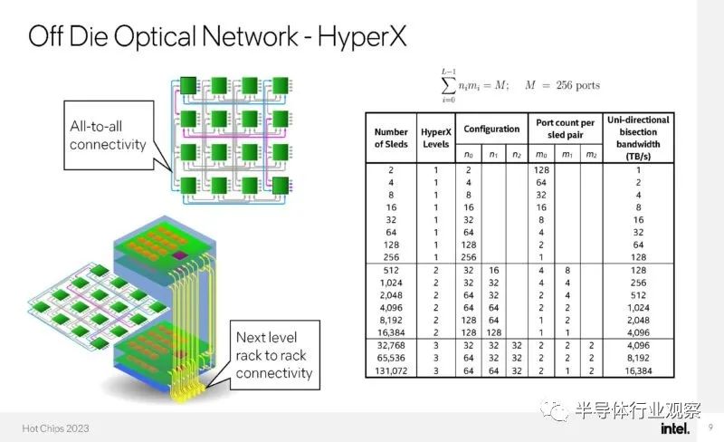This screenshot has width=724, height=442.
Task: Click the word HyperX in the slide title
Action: point(362,36)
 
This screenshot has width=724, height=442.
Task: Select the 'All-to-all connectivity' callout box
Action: point(109,135)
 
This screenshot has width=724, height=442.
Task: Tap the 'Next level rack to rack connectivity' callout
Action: point(275,355)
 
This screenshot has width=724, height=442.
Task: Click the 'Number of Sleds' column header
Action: point(391,138)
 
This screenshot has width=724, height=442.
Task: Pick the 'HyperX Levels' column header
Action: point(436,138)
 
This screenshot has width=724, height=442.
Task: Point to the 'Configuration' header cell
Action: point(491,129)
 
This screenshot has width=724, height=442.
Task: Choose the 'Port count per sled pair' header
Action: point(565,129)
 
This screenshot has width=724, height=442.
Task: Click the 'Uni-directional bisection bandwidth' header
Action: point(638,138)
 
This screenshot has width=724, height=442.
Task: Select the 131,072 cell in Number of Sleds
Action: point(391,370)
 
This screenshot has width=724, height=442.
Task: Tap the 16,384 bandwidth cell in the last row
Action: point(638,370)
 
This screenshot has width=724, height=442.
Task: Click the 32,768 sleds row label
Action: point(391,345)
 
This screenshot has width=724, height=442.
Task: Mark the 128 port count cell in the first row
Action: point(541,170)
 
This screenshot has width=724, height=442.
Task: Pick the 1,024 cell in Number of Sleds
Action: point(391,283)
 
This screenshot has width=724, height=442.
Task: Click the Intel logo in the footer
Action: point(675,428)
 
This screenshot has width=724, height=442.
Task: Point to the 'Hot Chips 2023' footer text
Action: point(55,428)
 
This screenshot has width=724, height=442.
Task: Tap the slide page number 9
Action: point(710,427)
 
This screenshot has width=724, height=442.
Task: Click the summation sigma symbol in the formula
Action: point(448,85)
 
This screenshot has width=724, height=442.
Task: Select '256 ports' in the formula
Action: point(578,85)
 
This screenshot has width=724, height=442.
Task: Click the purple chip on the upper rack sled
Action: point(178,255)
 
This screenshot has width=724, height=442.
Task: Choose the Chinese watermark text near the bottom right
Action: point(638,410)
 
